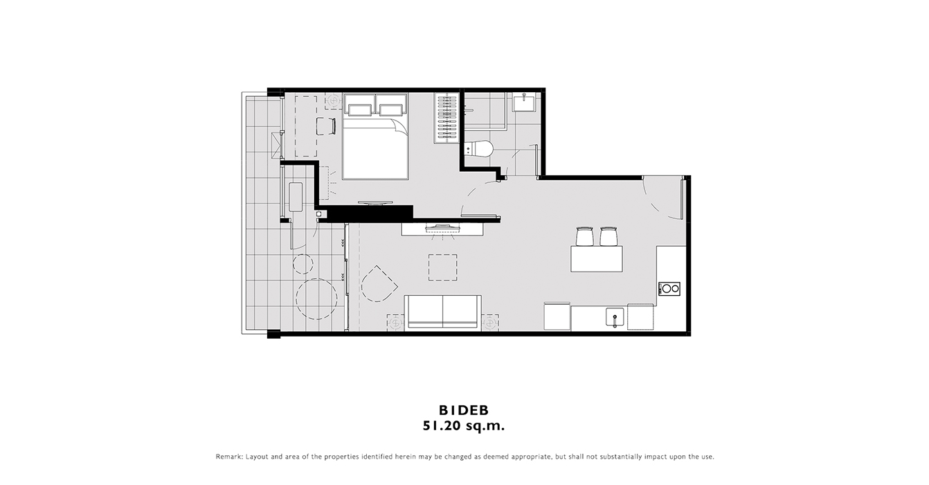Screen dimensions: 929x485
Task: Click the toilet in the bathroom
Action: (x=478, y=148)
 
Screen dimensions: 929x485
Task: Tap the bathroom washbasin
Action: (x=524, y=102)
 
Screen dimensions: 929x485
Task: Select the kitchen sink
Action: (x=615, y=317)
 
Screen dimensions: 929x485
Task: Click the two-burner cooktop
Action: (x=669, y=289)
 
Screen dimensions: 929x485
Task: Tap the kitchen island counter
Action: (x=597, y=258)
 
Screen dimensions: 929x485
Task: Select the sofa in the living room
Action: (x=443, y=312)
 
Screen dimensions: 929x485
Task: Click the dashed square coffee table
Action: (x=443, y=267)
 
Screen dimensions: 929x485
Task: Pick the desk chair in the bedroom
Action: (x=325, y=126)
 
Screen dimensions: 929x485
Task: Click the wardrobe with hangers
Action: (x=447, y=118)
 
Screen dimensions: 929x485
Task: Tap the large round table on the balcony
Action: (x=316, y=299)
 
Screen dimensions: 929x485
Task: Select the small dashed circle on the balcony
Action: (x=303, y=264)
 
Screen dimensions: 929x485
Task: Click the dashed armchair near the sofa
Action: (x=379, y=284)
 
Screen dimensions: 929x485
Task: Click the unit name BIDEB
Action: (x=464, y=410)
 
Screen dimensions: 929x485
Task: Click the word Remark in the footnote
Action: (x=228, y=457)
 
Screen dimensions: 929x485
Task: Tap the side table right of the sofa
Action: (x=490, y=322)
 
